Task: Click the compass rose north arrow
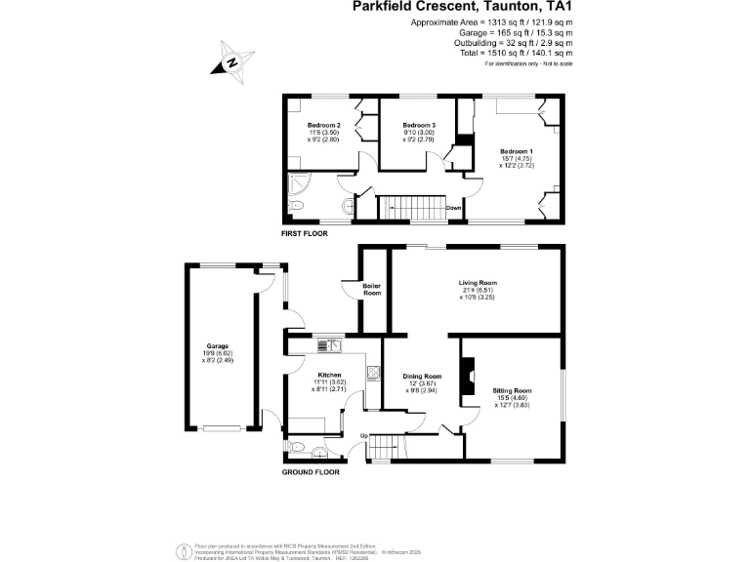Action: [x=232, y=61]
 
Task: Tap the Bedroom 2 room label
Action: [x=323, y=126]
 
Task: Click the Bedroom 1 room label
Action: [x=517, y=151]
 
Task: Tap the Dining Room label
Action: [x=424, y=376]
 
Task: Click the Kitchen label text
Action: [x=328, y=375]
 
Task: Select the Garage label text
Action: [x=216, y=346]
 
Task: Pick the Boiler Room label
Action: [x=371, y=289]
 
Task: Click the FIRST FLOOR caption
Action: [x=304, y=234]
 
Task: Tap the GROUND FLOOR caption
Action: [x=311, y=472]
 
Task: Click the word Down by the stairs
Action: [x=453, y=208]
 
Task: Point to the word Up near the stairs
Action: [x=364, y=435]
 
